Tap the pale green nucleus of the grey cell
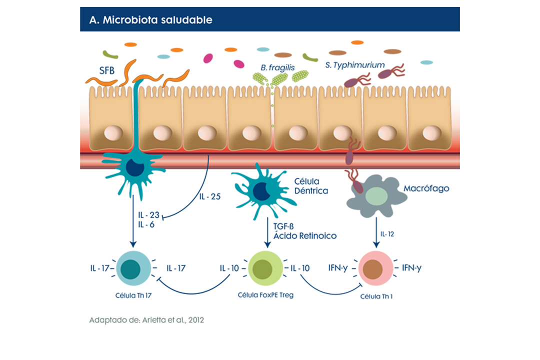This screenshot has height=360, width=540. pos(375,195)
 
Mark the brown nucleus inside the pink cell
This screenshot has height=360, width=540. pos(373,268)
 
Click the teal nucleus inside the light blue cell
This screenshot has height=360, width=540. pos(131,268)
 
